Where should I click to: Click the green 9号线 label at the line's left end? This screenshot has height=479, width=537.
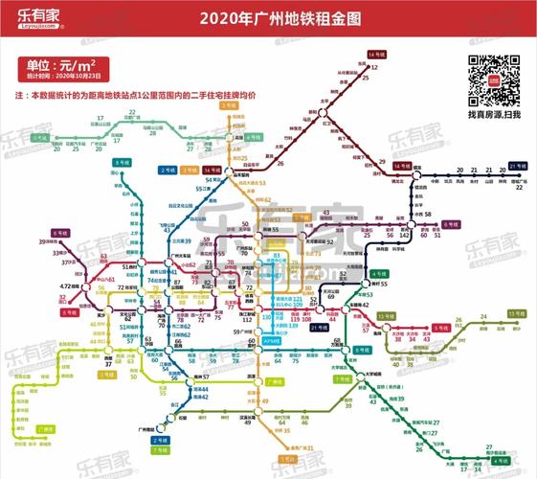pos(41,138)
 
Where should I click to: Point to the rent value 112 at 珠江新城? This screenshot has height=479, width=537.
pos(247,319)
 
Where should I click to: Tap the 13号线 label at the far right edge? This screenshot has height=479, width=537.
pos(518,313)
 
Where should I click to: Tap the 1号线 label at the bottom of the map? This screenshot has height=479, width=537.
pos(287,459)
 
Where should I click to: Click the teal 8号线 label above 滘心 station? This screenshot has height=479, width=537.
pos(121,163)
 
